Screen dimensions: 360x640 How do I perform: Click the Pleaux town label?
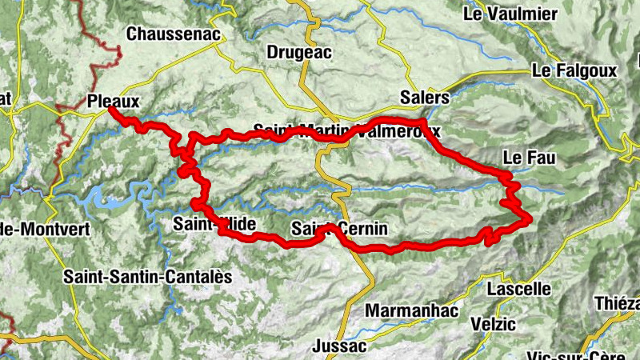pos(112,102)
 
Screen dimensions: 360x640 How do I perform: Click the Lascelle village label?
pos(520,288)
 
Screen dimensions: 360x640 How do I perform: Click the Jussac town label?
pos(340,346)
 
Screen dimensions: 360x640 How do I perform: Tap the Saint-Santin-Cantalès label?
pos(148,277)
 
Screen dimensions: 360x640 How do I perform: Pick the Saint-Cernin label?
pos(339,230)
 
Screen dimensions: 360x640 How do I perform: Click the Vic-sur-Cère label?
pos(570,355)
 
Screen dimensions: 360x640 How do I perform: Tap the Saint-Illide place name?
pos(213,225)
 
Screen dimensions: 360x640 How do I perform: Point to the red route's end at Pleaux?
pos(112,111)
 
